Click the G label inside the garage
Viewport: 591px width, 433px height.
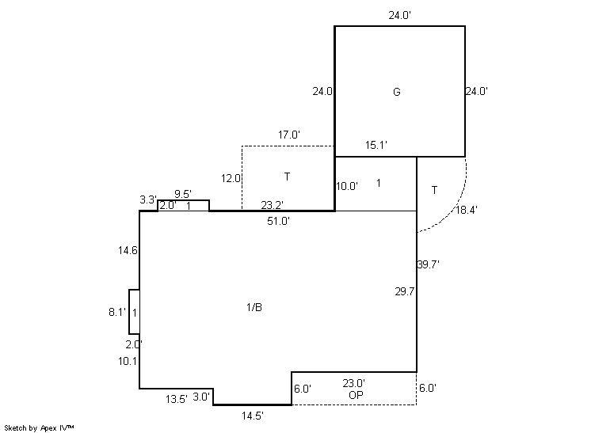tap(397, 92)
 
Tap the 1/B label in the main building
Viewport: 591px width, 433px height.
tap(254, 307)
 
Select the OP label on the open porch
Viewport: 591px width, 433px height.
tap(356, 395)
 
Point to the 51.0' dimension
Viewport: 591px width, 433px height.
tap(279, 221)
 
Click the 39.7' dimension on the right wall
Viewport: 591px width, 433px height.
tap(428, 264)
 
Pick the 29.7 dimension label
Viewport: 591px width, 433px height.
tap(404, 291)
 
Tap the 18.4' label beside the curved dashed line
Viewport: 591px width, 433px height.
tap(467, 210)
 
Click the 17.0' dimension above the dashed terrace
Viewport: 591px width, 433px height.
tap(289, 135)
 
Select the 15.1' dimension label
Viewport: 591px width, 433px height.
tap(376, 145)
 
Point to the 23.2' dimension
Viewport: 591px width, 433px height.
tap(273, 205)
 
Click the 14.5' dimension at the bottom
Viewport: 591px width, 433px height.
tap(253, 416)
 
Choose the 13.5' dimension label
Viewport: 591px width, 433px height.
tap(177, 399)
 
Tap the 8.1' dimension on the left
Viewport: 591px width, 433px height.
tap(117, 312)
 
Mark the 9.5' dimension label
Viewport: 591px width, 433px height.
tap(183, 194)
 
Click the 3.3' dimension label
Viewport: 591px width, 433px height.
tap(148, 199)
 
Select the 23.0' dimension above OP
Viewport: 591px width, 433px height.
tap(353, 383)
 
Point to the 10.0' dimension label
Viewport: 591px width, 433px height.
tap(347, 186)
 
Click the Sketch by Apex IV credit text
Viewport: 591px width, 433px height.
tap(39, 428)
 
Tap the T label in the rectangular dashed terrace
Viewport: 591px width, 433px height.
tap(288, 177)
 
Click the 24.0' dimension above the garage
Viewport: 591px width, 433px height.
tap(400, 16)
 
